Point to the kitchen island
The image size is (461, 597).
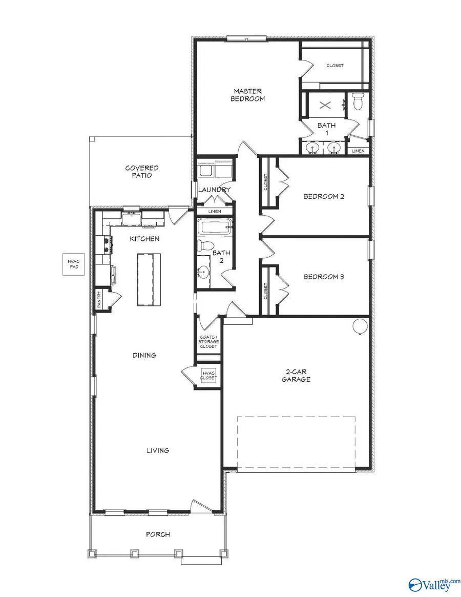click(149, 279)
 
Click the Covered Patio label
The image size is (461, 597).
click(142, 171)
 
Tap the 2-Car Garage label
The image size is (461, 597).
click(298, 376)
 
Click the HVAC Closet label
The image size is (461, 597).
click(209, 375)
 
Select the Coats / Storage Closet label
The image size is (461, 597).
click(208, 342)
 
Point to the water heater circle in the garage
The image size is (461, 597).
click(360, 325)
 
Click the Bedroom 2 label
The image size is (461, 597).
click(324, 196)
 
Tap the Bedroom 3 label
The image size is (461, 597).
click(324, 277)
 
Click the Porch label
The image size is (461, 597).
click(158, 534)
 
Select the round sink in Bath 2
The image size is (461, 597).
click(203, 271)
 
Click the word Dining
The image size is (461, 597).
click(144, 355)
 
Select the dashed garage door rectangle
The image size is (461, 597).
click(296, 442)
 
